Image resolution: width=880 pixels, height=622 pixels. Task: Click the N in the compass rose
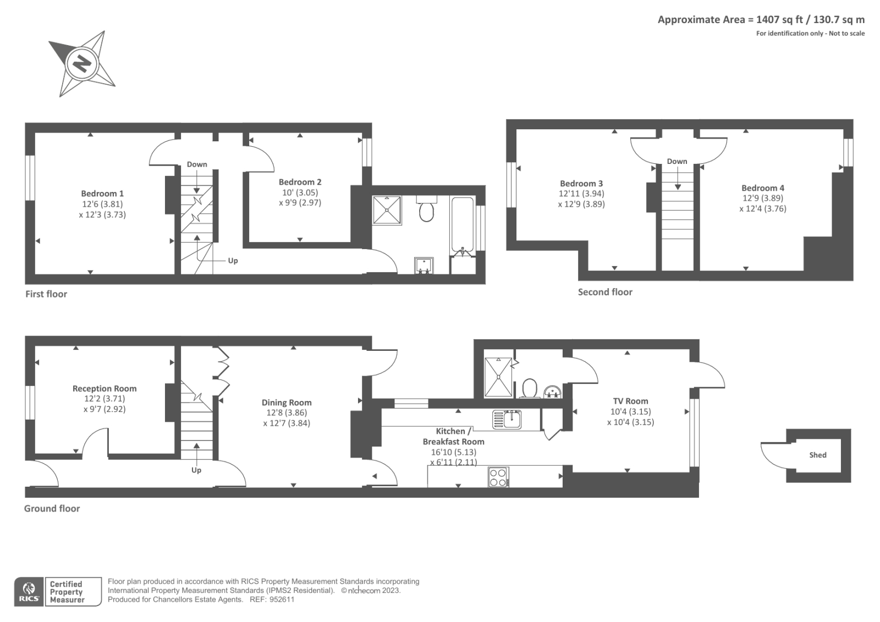coord(82,64)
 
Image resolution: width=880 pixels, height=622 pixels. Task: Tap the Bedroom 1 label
coord(102,194)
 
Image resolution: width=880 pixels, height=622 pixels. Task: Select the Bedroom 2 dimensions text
coord(300,197)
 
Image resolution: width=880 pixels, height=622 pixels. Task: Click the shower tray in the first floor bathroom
coord(387,210)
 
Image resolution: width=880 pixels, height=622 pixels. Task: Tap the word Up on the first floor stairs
coord(233,261)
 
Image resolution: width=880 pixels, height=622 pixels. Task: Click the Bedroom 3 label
coord(581,184)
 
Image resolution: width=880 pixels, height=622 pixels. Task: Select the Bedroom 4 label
coord(763,188)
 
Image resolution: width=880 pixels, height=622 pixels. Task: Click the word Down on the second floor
coord(677,162)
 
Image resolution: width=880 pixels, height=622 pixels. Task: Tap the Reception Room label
coord(105,389)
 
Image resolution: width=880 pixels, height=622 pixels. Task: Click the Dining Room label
coord(287,403)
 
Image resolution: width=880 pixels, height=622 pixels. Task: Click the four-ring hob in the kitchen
coord(498,477)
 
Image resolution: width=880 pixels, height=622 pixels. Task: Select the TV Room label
coord(630,401)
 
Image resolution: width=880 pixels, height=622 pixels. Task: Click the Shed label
coord(818,455)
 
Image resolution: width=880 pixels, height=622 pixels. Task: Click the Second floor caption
coord(605,292)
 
